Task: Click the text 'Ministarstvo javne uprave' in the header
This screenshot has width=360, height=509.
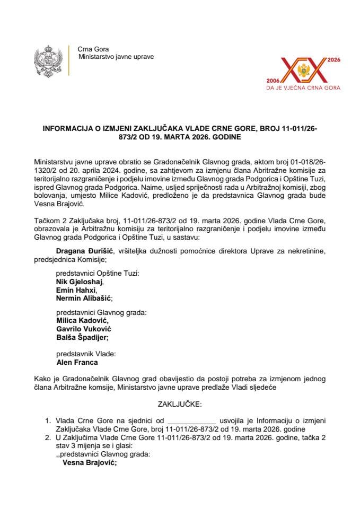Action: [x=116, y=56]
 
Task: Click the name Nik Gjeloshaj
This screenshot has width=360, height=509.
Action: [x=76, y=282]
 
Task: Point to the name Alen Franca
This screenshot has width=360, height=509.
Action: [x=77, y=363]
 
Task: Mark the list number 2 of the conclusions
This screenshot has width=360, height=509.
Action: [x=48, y=438]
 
